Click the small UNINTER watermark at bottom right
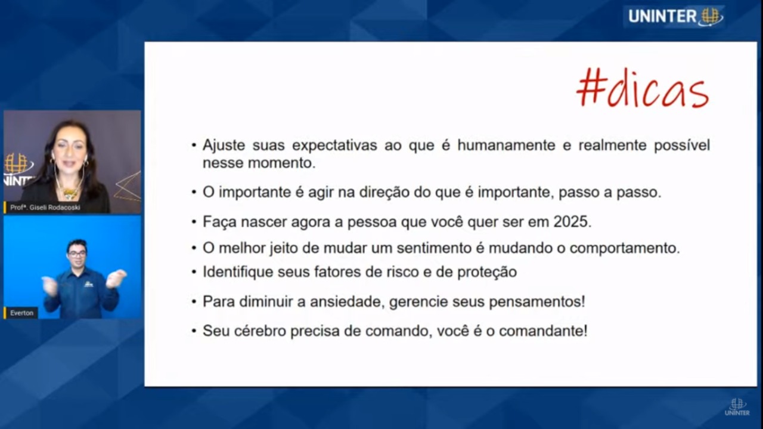pyautogui.click(x=737, y=407)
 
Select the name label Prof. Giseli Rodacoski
pyautogui.click(x=45, y=207)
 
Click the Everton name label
pyautogui.click(x=22, y=313)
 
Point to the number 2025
pyautogui.click(x=572, y=222)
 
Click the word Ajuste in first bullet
pyautogui.click(x=224, y=146)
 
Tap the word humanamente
pyautogui.click(x=506, y=145)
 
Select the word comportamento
pyautogui.click(x=624, y=249)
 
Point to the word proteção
pyautogui.click(x=487, y=272)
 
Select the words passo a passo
pyautogui.click(x=610, y=193)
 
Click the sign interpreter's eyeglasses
pyautogui.click(x=77, y=254)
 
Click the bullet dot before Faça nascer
pyautogui.click(x=194, y=223)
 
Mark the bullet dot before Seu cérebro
pyautogui.click(x=194, y=331)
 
